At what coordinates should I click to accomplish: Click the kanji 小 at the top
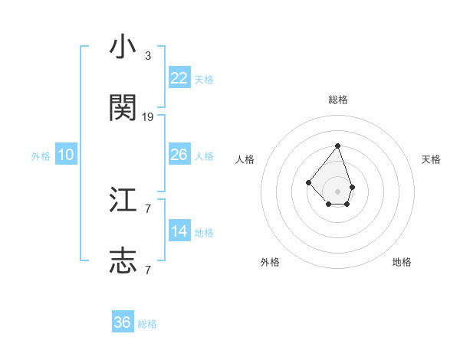[x=123, y=47]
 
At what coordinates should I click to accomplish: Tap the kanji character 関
[x=123, y=108]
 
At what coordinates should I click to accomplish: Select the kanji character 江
[x=123, y=201]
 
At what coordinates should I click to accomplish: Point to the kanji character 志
[x=123, y=261]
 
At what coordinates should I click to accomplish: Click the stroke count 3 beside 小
[x=147, y=56]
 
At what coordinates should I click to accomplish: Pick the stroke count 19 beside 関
[x=148, y=117]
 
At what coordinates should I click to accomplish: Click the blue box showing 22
[x=179, y=78]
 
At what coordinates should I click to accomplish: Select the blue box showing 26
[x=179, y=155]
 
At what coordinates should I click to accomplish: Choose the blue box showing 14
[x=179, y=231]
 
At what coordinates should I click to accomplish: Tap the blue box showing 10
[x=66, y=155]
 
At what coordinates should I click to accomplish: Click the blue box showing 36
[x=123, y=322]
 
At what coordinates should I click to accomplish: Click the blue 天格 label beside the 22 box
[x=204, y=80]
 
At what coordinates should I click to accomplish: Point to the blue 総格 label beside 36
[x=147, y=324]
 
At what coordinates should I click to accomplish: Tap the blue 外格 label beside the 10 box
[x=41, y=156]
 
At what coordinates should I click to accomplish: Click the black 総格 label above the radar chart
[x=337, y=100]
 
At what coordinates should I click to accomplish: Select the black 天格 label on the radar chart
[x=432, y=159]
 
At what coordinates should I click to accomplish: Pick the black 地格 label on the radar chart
[x=402, y=262]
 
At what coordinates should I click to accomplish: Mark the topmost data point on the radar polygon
[x=337, y=146]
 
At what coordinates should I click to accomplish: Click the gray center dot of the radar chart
[x=337, y=191]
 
